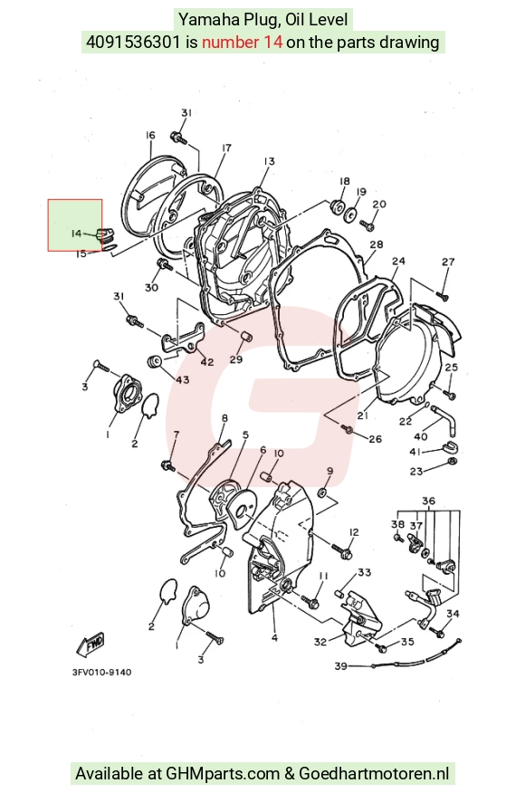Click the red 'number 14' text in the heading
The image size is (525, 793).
tap(242, 42)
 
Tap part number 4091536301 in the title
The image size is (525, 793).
tap(133, 42)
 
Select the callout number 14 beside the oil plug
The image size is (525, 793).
tap(76, 234)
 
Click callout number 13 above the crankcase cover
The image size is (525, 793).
tap(269, 161)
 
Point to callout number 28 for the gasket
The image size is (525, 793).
tap(377, 244)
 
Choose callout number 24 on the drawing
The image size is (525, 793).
tap(398, 262)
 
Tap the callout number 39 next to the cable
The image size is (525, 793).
tap(341, 666)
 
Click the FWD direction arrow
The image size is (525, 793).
tap(91, 644)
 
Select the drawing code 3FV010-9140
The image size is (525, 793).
tap(101, 672)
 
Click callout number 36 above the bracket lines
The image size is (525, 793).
tap(428, 502)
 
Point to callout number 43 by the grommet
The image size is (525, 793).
tap(182, 378)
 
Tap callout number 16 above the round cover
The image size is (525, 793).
tap(150, 135)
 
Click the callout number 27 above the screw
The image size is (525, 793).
tap(448, 262)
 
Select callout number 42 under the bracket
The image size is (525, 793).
tap(207, 362)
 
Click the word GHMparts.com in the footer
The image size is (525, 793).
tap(223, 773)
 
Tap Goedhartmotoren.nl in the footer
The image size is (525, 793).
tap(374, 773)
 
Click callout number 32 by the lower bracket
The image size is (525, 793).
tap(320, 642)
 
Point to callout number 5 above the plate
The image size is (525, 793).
tap(246, 435)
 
